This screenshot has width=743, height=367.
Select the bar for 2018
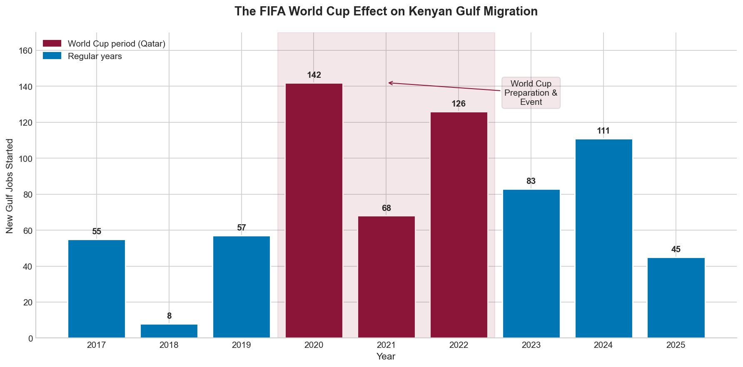[x=169, y=331]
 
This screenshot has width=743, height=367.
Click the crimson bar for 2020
[x=314, y=211]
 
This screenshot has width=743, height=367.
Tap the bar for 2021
[x=386, y=277]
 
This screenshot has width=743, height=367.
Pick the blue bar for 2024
[x=603, y=238]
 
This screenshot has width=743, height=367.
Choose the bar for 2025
[x=676, y=298]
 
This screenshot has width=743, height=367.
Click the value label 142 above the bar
[x=314, y=75]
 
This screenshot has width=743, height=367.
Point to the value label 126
[x=459, y=104]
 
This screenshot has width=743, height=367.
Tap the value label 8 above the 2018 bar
[x=169, y=316]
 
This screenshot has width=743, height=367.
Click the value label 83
[x=531, y=181]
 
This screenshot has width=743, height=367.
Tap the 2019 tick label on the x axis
[x=242, y=345]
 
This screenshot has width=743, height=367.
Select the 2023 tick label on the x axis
[x=531, y=345]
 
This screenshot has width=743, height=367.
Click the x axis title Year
[x=386, y=357]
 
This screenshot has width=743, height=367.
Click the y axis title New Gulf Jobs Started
[x=10, y=186]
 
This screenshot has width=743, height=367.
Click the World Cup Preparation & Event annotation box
[x=531, y=93]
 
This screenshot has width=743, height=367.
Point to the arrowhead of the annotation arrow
[x=389, y=83]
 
